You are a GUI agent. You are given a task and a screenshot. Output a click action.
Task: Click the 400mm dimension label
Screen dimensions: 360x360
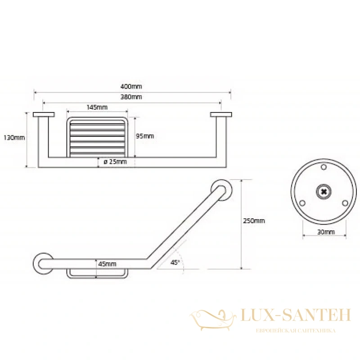pos(131,86)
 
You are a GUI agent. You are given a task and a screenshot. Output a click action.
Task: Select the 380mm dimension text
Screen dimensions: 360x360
pos(131,97)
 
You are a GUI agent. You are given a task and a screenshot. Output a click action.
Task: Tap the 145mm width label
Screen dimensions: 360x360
pos(97,107)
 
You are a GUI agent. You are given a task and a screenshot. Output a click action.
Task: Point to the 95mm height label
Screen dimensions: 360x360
pos(144,136)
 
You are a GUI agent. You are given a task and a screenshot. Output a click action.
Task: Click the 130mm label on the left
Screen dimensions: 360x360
pos(14,138)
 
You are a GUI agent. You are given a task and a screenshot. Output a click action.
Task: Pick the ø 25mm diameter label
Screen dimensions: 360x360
pos(115,162)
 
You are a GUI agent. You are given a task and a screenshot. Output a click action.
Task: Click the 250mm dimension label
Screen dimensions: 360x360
pos(254,221)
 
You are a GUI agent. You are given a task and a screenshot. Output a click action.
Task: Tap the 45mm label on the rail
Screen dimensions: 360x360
pos(107,264)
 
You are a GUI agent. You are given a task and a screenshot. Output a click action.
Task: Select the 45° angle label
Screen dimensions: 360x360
pos(175,262)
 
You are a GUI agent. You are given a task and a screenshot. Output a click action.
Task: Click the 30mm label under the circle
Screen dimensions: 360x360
pos(326,232)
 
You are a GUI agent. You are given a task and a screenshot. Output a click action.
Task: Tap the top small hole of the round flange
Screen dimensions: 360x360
pos(324,167)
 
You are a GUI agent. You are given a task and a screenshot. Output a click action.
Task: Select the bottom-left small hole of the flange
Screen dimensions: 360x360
pos(302,203)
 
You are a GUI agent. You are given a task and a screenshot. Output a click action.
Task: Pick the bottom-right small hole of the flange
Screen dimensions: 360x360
pos(345,203)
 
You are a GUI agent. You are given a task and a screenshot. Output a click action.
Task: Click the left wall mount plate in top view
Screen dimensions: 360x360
pos(44,114)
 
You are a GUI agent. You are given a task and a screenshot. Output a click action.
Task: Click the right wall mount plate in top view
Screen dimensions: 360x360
pos(221,114)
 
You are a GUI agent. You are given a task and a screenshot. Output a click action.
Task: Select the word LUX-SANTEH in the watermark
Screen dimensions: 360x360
pos(296,315)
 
